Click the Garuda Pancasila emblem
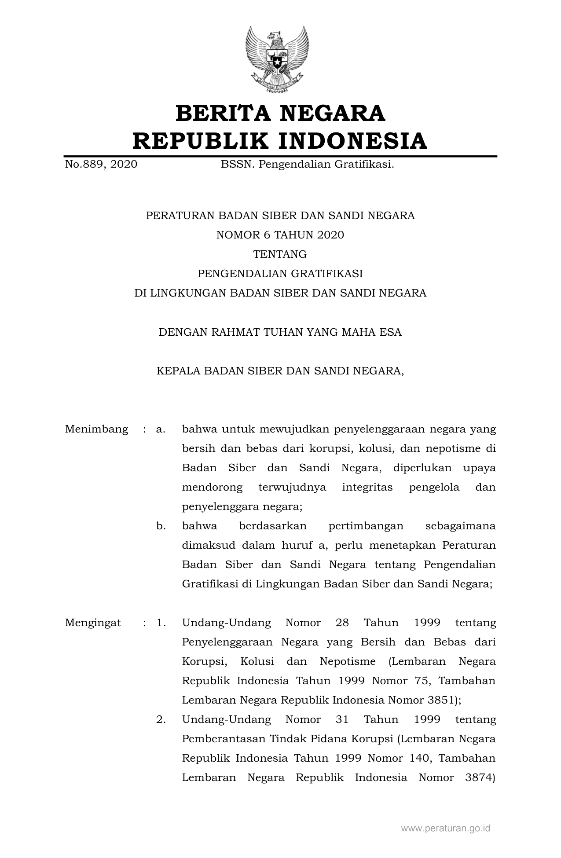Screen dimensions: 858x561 pyautogui.click(x=277, y=59)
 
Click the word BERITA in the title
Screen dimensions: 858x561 pyautogui.click(x=223, y=113)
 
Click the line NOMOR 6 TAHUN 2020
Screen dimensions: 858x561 pyautogui.click(x=280, y=235)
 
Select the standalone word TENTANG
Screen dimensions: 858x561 pyautogui.click(x=280, y=254)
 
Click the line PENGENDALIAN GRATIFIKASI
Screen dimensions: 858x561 pyautogui.click(x=280, y=274)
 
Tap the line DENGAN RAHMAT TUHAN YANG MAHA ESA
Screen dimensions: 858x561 pyautogui.click(x=280, y=332)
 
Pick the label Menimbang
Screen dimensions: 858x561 pyautogui.click(x=96, y=429)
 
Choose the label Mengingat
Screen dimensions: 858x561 pyautogui.click(x=93, y=623)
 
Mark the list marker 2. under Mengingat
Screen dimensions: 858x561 pyautogui.click(x=161, y=719)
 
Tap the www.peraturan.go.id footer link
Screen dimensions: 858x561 pyautogui.click(x=445, y=828)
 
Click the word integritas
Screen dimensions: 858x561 pyautogui.click(x=367, y=487)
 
